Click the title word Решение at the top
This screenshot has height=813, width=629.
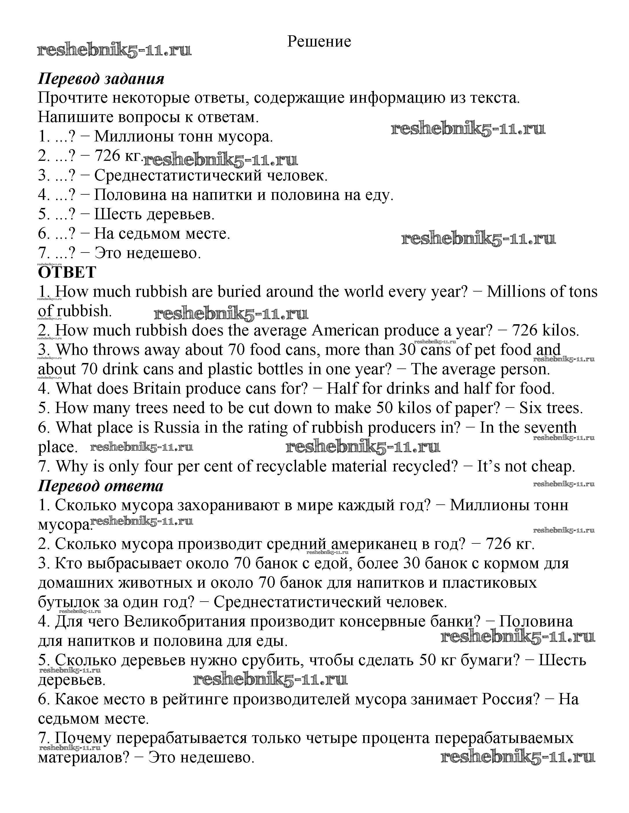[x=319, y=41]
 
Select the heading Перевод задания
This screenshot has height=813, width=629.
[x=101, y=79]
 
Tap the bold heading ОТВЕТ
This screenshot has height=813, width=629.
[x=67, y=272]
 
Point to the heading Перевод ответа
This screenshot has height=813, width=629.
[x=100, y=486]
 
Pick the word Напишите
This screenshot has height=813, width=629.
[x=75, y=117]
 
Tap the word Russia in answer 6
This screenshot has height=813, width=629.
[x=176, y=427]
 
